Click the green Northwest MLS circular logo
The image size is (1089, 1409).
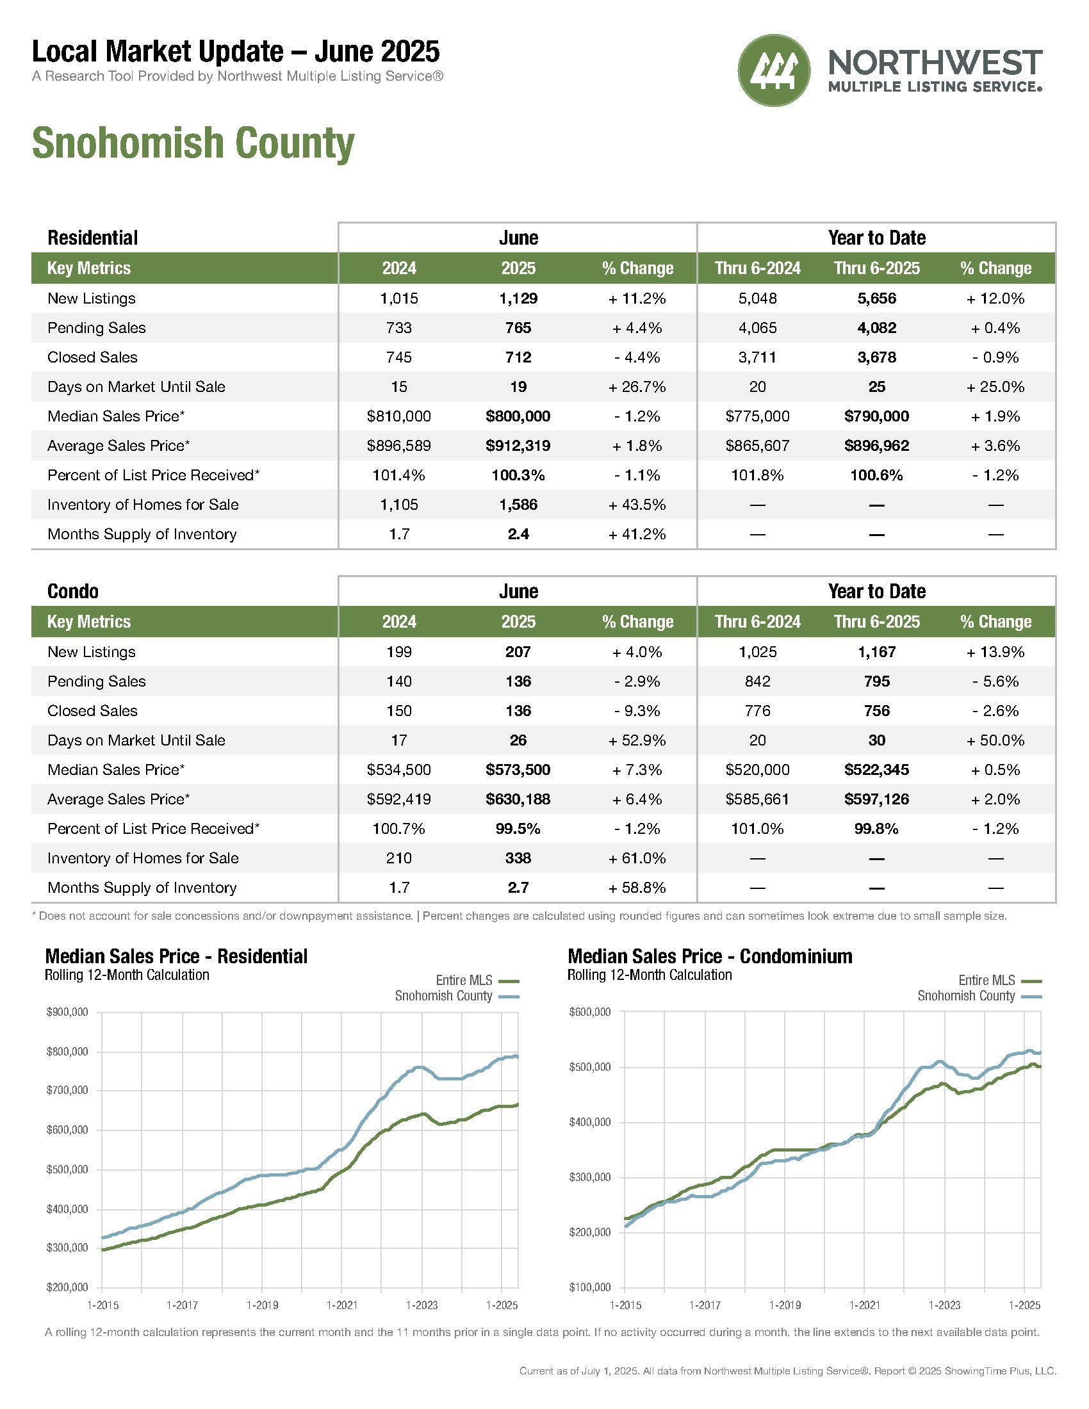click(x=774, y=70)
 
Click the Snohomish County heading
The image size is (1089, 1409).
click(x=193, y=143)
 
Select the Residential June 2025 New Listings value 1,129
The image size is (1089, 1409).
click(x=518, y=298)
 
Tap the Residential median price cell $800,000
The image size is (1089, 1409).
click(x=518, y=416)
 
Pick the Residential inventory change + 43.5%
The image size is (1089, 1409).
click(x=637, y=505)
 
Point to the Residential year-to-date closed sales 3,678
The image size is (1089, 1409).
click(x=877, y=357)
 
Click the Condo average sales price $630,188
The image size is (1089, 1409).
click(x=518, y=799)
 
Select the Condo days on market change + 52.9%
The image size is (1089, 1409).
click(x=637, y=740)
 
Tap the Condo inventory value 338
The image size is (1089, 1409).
click(x=518, y=858)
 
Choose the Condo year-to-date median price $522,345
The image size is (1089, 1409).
click(x=877, y=770)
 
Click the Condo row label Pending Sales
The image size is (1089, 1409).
click(x=97, y=681)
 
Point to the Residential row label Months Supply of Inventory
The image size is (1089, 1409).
click(x=142, y=534)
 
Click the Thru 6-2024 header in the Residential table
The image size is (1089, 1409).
click(x=757, y=268)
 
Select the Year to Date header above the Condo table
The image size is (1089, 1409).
click(x=877, y=592)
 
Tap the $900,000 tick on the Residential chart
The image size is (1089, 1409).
click(x=67, y=1012)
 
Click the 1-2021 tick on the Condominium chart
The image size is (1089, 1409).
click(x=865, y=1305)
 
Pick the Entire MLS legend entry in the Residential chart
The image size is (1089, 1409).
click(x=477, y=981)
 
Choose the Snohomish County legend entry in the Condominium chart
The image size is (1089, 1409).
click(x=979, y=996)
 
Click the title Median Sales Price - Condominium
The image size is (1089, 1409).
click(x=710, y=956)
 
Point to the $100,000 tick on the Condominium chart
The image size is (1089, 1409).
click(x=589, y=1288)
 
